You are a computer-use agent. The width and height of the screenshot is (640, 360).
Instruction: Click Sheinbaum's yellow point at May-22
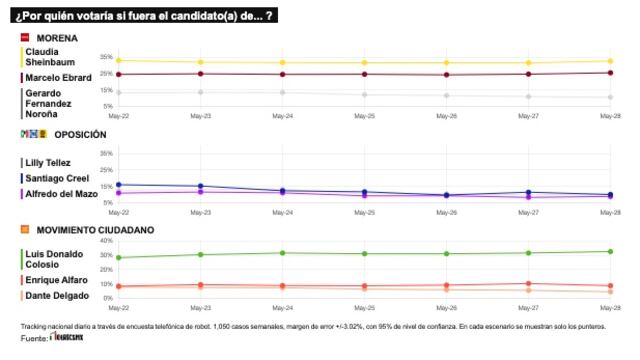118,61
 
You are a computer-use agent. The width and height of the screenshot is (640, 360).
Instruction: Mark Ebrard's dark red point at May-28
610,72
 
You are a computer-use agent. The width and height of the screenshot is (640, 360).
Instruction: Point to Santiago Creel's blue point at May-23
201,186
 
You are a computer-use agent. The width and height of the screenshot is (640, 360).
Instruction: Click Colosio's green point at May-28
610,251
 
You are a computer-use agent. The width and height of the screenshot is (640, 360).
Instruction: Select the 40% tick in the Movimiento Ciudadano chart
105,242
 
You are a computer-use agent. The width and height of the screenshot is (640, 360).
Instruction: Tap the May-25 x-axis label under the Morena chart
365,116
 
